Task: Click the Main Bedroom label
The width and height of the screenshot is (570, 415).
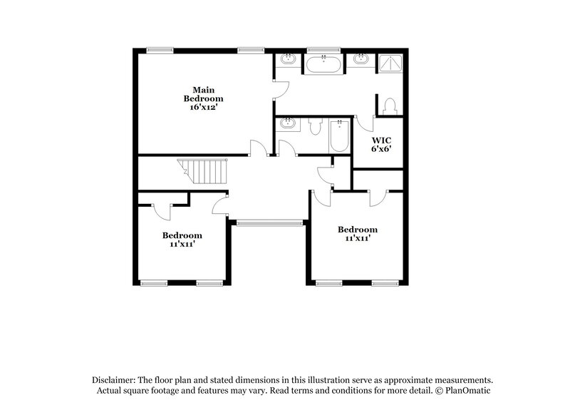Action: (203, 94)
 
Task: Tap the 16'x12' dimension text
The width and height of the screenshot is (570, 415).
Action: (203, 107)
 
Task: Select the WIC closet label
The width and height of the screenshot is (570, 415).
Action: (381, 140)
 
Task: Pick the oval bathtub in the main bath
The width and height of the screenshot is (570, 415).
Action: (324, 66)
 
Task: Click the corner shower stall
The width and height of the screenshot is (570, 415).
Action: (389, 64)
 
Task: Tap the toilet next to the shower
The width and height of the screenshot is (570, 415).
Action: (389, 106)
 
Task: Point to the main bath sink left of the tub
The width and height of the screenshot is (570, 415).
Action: (289, 59)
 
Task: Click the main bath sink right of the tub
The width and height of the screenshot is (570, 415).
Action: (361, 59)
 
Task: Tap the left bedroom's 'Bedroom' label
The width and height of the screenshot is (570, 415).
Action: (182, 235)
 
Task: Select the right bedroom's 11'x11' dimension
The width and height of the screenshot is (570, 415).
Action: (357, 239)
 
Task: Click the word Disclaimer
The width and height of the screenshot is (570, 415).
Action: (113, 380)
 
